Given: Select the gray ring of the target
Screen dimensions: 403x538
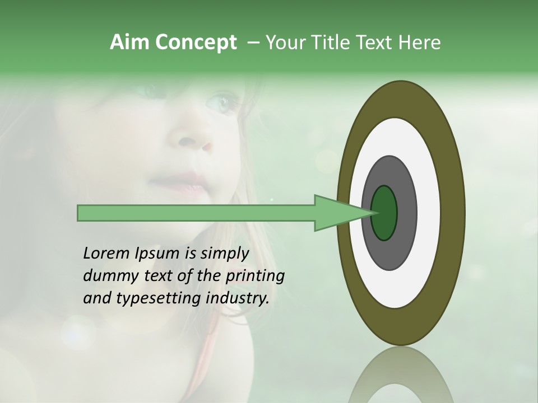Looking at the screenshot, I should coord(406,213).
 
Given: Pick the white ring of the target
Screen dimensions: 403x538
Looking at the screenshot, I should coord(428,213).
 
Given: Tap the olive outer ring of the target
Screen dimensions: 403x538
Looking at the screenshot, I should coord(453,213).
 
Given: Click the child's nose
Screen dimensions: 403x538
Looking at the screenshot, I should coord(193,141).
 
